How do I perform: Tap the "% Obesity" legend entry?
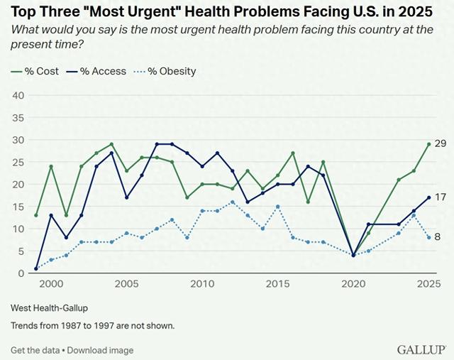pyautogui.click(x=170, y=71)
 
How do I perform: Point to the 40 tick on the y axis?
pyautogui.click(x=18, y=96)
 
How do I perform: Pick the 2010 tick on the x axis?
pyautogui.click(x=201, y=284)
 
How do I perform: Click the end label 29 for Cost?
pyautogui.click(x=439, y=144)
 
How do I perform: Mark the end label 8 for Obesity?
pyautogui.click(x=438, y=237)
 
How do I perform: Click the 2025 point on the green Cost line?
pyautogui.click(x=428, y=144)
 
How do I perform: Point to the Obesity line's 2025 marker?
pyautogui.click(x=428, y=237)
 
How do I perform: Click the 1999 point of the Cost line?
pyautogui.click(x=35, y=215)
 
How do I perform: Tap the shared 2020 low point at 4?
pyautogui.click(x=354, y=256)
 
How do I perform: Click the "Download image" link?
pyautogui.click(x=100, y=350)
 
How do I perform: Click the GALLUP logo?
pyautogui.click(x=421, y=350)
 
